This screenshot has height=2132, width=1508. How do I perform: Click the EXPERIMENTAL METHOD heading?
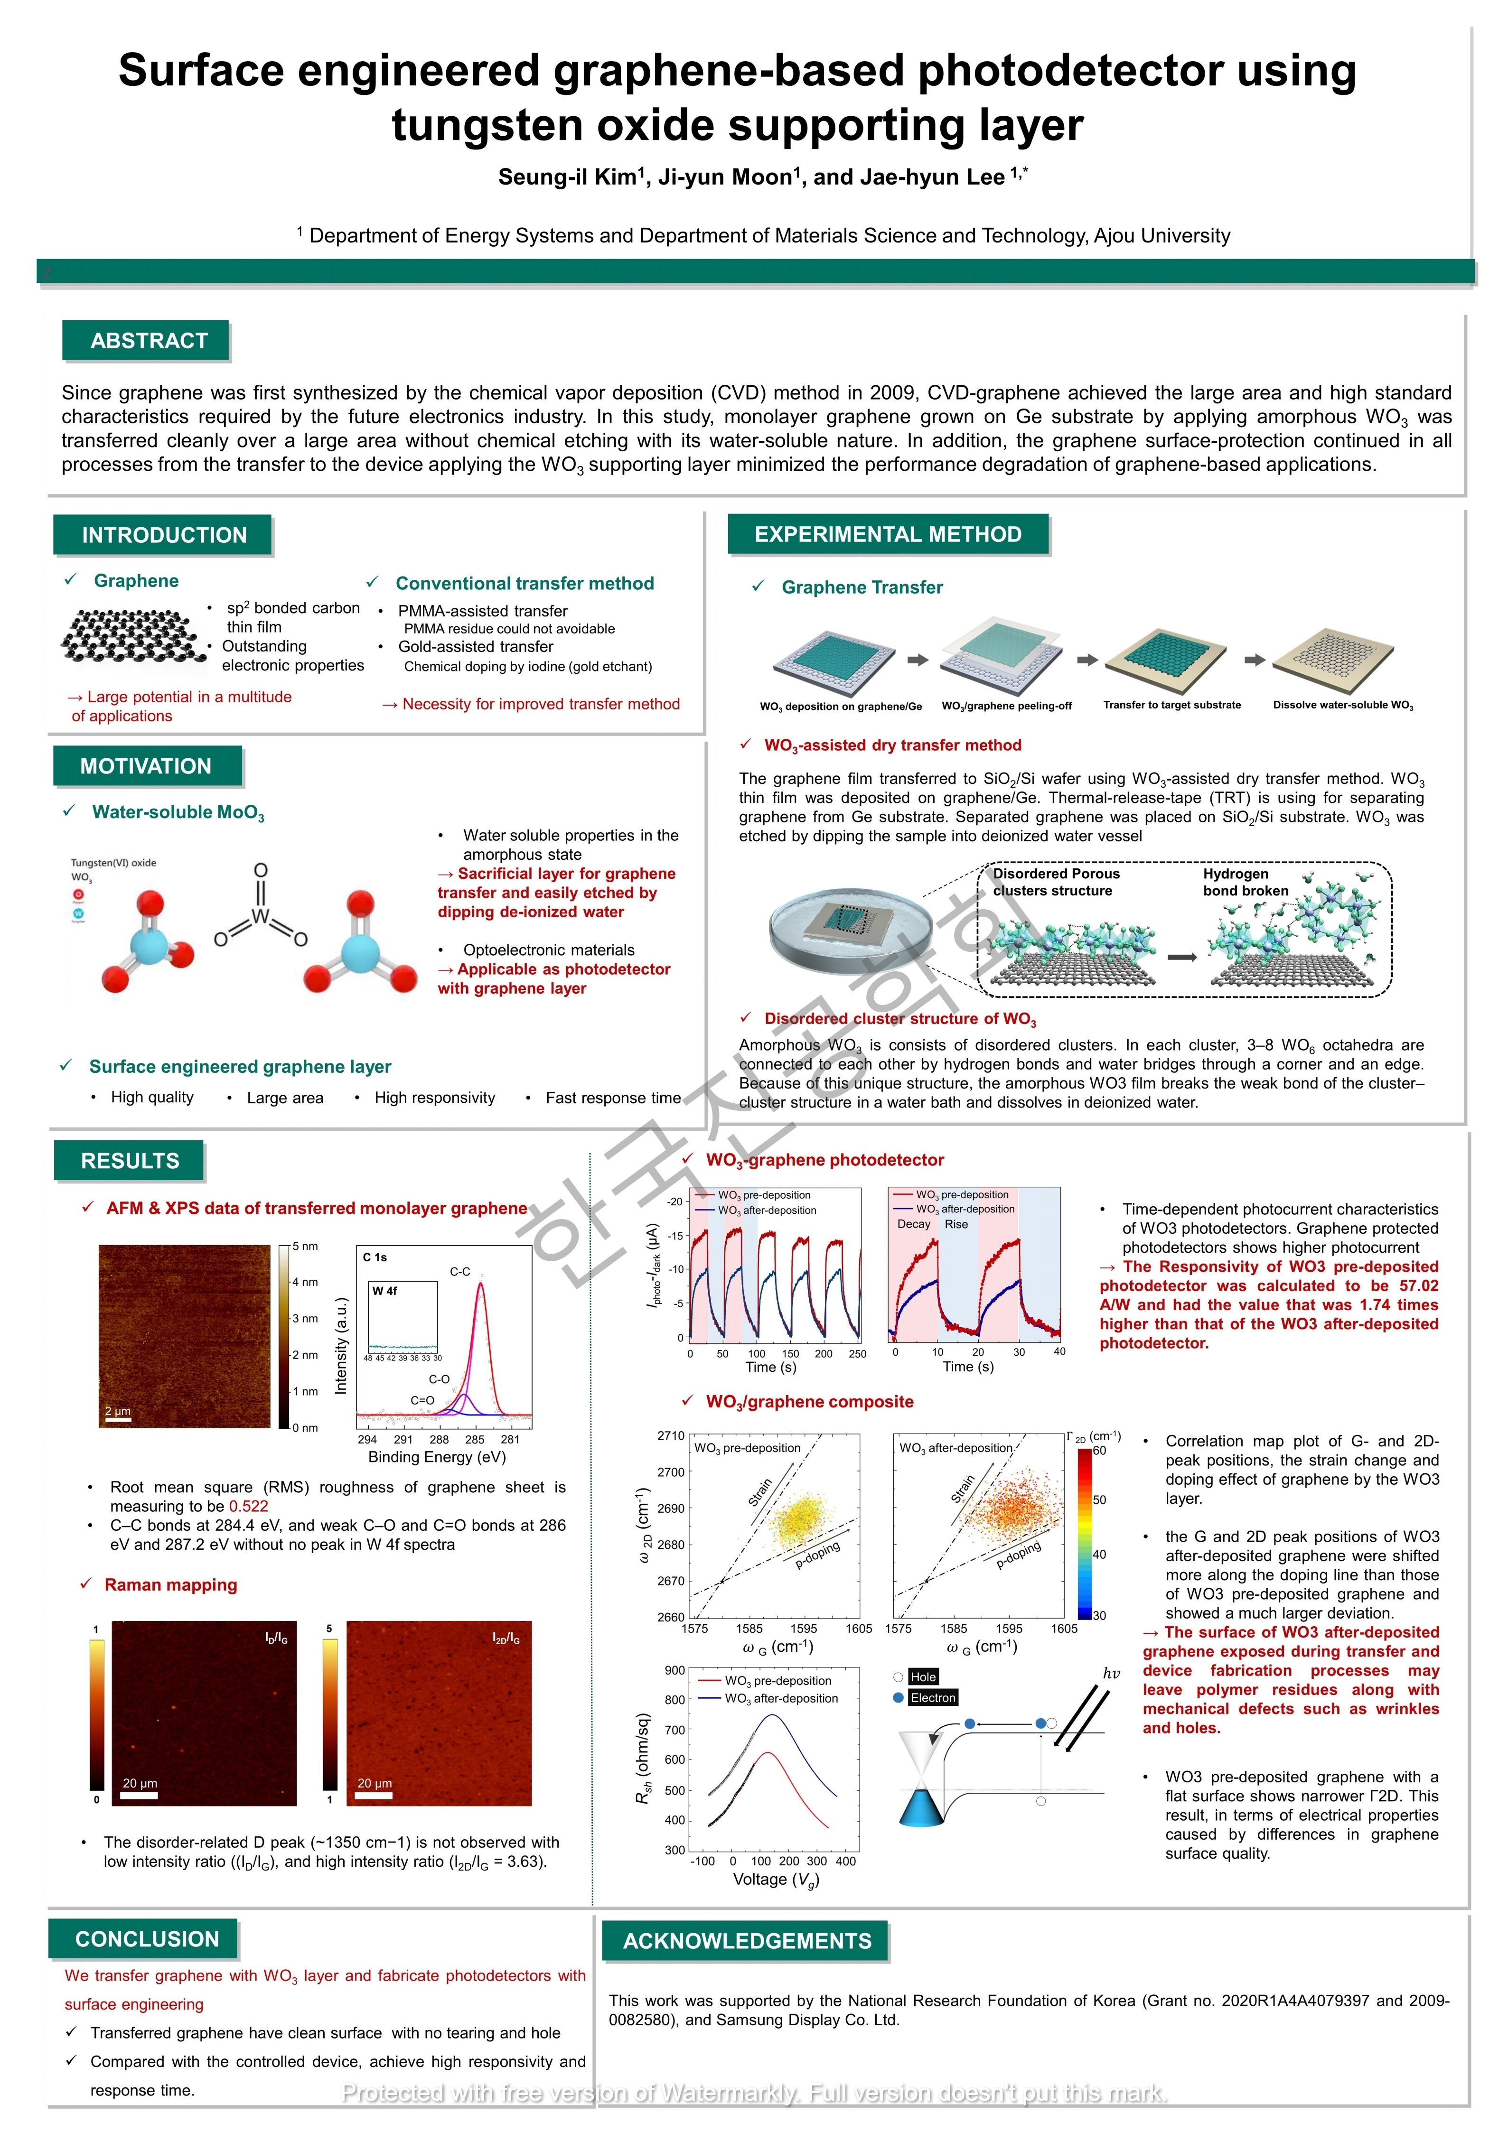tap(889, 534)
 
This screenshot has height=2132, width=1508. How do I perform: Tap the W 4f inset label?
tap(384, 1291)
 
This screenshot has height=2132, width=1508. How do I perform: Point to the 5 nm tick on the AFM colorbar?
tap(305, 1246)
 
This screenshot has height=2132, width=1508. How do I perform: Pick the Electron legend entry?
tap(932, 1697)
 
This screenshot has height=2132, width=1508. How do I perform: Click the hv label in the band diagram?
tap(1112, 1673)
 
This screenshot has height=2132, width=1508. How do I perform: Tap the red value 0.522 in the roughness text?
tap(249, 1506)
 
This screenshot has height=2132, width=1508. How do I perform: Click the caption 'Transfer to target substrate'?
tap(1172, 705)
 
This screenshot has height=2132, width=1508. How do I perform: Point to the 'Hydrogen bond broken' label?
tap(1245, 882)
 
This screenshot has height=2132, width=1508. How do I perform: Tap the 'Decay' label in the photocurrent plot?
tap(914, 1224)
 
